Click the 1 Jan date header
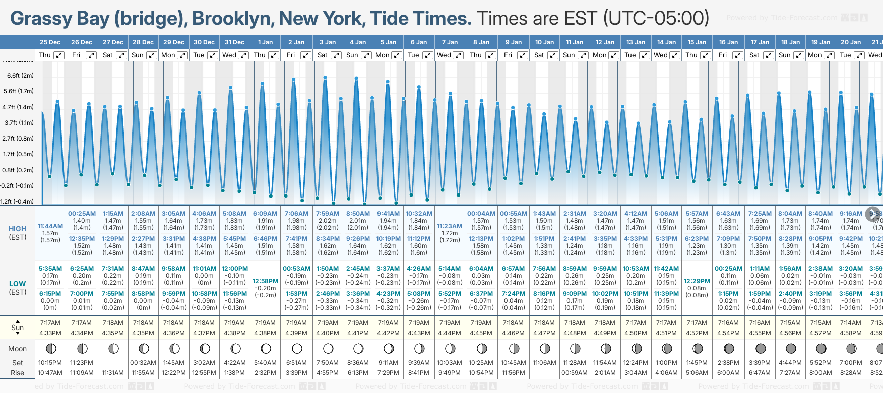tap(265, 42)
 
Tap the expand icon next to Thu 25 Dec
tap(59, 55)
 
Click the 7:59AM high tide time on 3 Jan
tap(328, 213)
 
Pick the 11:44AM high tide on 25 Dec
tap(50, 226)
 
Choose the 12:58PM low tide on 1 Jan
tap(265, 281)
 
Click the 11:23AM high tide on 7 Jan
tap(450, 226)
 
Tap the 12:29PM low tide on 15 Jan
tap(697, 281)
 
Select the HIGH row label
tap(18, 229)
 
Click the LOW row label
tap(18, 284)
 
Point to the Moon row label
tap(18, 349)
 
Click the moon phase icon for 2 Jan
tap(297, 348)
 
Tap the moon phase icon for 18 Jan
tap(791, 348)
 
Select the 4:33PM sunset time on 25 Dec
tap(50, 333)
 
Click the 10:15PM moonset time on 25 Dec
tap(50, 363)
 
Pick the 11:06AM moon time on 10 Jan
tap(545, 363)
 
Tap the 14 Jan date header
tap(667, 42)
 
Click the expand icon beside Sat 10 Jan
tap(553, 55)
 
